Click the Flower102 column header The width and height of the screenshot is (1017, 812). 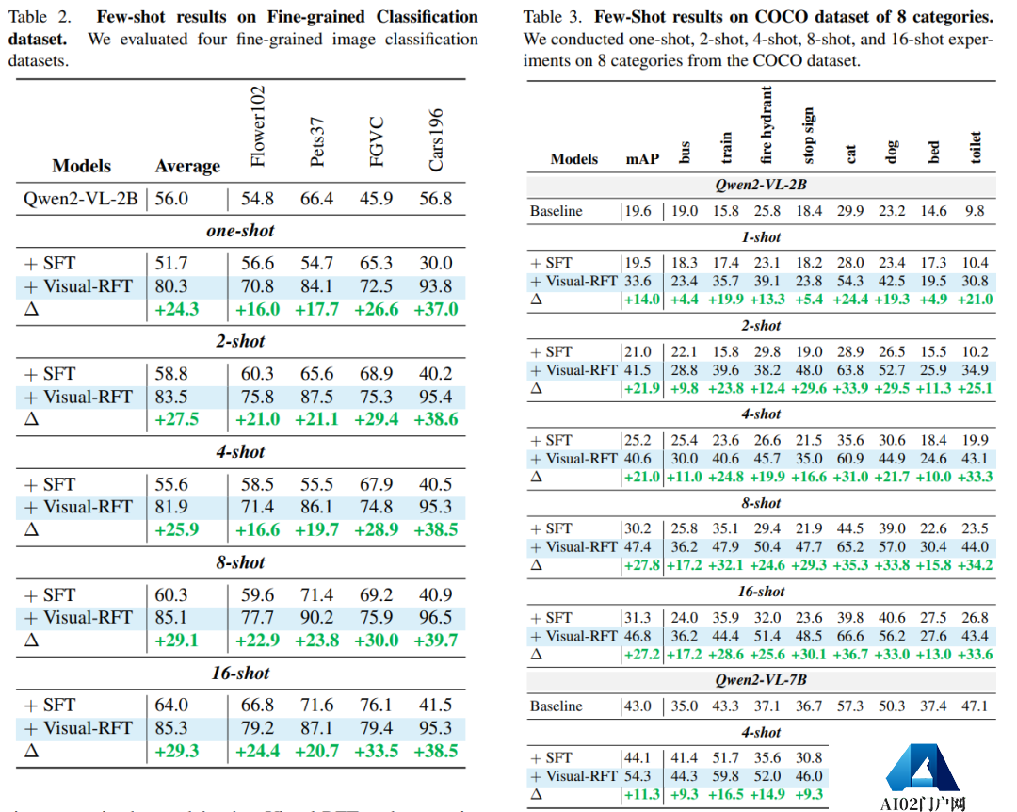pos(259,127)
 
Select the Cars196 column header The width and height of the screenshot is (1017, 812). pos(436,139)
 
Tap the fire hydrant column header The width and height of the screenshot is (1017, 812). pos(767,125)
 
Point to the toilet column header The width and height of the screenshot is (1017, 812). pos(976,148)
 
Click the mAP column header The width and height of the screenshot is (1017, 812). pos(642,159)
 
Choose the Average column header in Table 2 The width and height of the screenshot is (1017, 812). pos(187,166)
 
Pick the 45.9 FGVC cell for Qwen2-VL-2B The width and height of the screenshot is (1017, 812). pos(376,199)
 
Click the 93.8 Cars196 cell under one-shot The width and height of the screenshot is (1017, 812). pos(436,286)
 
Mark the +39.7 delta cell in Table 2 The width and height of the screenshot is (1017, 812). pos(435,641)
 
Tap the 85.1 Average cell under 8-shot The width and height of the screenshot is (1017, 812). pos(171,618)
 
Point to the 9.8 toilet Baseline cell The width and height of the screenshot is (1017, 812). pos(976,211)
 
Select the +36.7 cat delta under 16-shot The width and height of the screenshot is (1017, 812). pos(849,655)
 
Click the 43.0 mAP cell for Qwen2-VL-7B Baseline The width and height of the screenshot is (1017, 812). pos(638,706)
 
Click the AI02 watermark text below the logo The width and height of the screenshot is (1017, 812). pos(923,804)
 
